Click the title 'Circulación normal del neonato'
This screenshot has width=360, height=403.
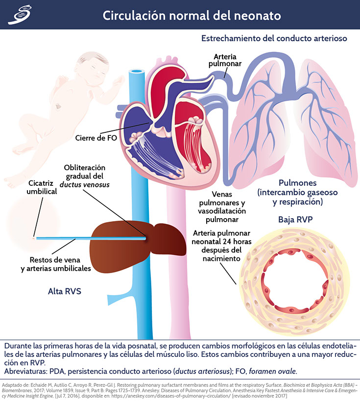click(192, 15)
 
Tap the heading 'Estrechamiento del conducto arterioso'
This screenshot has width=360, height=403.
click(274, 38)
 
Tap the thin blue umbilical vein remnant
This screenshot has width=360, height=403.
click(88, 238)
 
